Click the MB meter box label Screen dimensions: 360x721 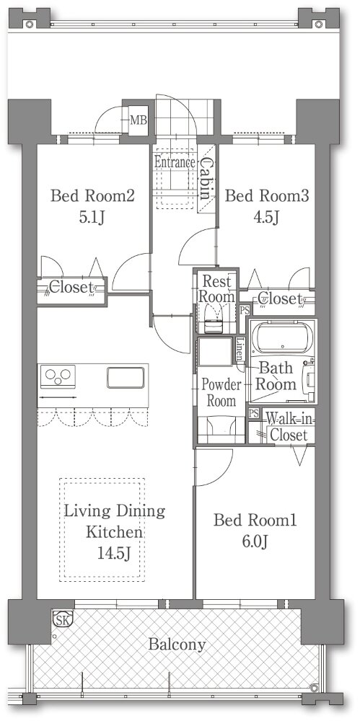tap(138, 120)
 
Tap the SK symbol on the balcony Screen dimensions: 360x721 tap(61, 619)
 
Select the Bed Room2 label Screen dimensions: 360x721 tap(92, 196)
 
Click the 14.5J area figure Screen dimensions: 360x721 tap(114, 553)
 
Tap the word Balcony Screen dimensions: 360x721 tap(177, 645)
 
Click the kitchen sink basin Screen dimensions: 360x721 tap(126, 377)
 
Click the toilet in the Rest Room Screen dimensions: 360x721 tap(213, 318)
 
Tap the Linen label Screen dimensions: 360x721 tap(240, 351)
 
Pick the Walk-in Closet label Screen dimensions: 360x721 tap(289, 427)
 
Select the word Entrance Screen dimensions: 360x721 tap(175, 162)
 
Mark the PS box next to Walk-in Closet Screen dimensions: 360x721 tap(253, 413)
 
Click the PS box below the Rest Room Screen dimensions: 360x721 tap(245, 310)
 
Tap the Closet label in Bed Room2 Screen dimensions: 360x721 tap(71, 288)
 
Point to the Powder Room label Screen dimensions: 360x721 tap(221, 392)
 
